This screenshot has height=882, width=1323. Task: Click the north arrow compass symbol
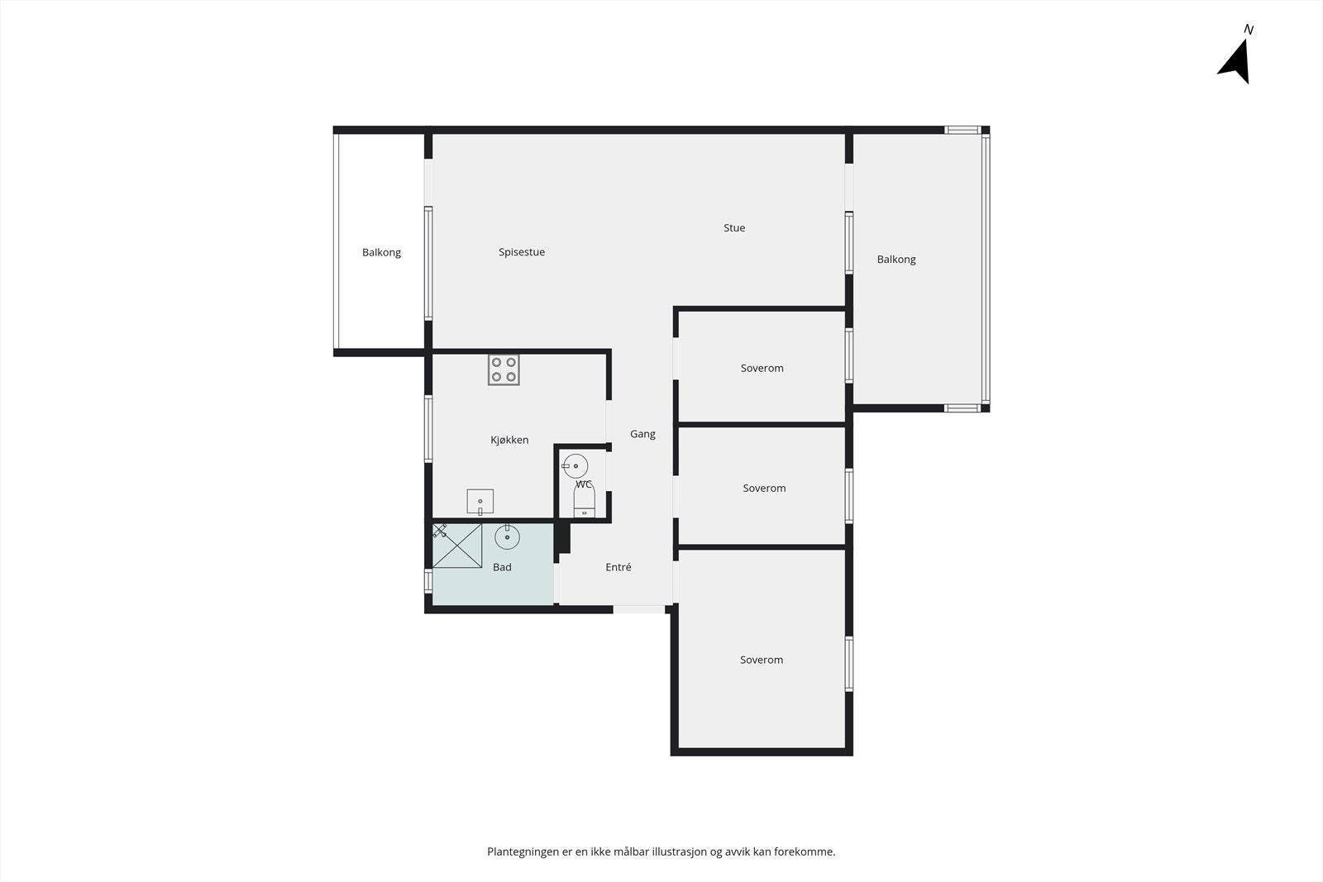pyautogui.click(x=1235, y=61)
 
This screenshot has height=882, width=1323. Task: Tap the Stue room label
pyautogui.click(x=734, y=228)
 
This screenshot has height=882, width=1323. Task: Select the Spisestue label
pyautogui.click(x=522, y=252)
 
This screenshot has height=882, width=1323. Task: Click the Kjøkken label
pyautogui.click(x=509, y=440)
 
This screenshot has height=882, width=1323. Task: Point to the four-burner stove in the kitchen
pyautogui.click(x=504, y=369)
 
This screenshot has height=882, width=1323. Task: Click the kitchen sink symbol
pyautogui.click(x=480, y=502)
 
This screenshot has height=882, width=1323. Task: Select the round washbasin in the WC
pyautogui.click(x=575, y=466)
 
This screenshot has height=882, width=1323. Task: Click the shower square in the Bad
pyautogui.click(x=457, y=546)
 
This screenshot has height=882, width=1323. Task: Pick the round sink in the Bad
pyautogui.click(x=507, y=537)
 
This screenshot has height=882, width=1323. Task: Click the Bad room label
pyautogui.click(x=502, y=567)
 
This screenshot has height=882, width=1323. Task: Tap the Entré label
pyautogui.click(x=619, y=567)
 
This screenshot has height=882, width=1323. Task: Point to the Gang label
pyautogui.click(x=642, y=434)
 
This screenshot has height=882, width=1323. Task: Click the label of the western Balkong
pyautogui.click(x=381, y=252)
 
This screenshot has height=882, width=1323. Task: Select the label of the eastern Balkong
pyautogui.click(x=896, y=260)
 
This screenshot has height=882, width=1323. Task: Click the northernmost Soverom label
pyautogui.click(x=762, y=368)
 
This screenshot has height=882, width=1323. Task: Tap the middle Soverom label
pyautogui.click(x=764, y=489)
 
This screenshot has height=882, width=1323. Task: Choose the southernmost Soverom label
pyautogui.click(x=762, y=660)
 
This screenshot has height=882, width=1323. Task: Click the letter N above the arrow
pyautogui.click(x=1249, y=30)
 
